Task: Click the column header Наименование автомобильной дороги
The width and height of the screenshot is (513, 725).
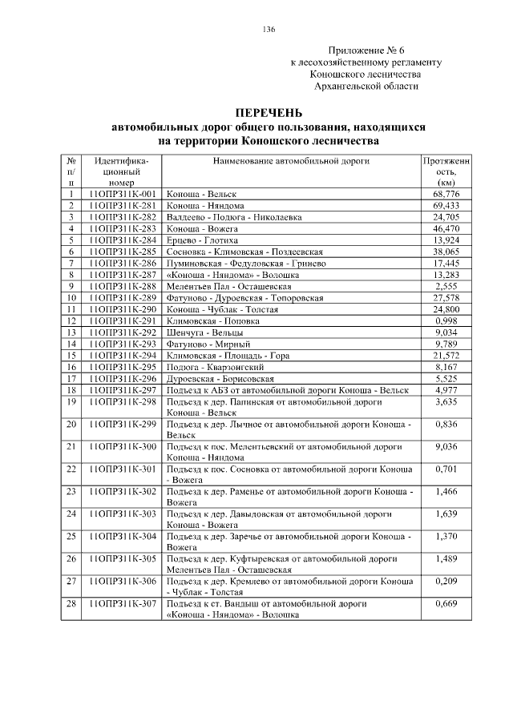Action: [290, 160]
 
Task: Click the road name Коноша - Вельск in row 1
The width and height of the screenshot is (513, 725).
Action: [196, 195]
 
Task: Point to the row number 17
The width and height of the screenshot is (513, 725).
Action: [71, 377]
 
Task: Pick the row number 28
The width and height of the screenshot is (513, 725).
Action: [71, 603]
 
